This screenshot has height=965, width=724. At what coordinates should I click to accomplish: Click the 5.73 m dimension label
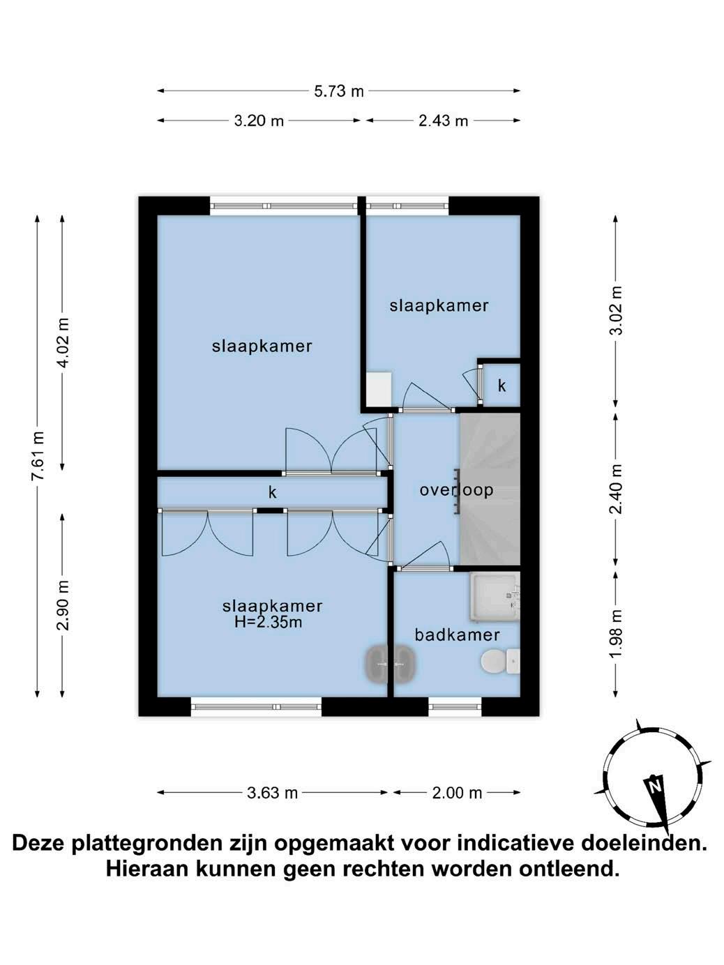[339, 91]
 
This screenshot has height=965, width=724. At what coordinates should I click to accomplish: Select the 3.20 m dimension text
[259, 121]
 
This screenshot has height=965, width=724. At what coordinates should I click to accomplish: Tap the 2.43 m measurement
[443, 121]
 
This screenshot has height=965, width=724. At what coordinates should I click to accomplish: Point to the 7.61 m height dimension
[38, 456]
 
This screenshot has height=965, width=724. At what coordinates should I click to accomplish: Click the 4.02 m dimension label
[63, 342]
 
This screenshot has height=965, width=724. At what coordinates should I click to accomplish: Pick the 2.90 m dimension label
[63, 605]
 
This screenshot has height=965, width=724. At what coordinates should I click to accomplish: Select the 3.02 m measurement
[617, 310]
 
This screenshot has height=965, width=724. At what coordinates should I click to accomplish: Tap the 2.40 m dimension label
[617, 489]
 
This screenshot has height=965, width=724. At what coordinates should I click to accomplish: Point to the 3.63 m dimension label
[272, 793]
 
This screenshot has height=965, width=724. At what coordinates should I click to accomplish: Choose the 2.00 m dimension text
[457, 793]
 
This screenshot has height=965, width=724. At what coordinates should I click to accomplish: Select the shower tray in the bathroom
[495, 597]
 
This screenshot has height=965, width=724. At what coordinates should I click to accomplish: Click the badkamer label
[457, 635]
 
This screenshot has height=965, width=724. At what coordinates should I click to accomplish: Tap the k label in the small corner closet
[501, 386]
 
